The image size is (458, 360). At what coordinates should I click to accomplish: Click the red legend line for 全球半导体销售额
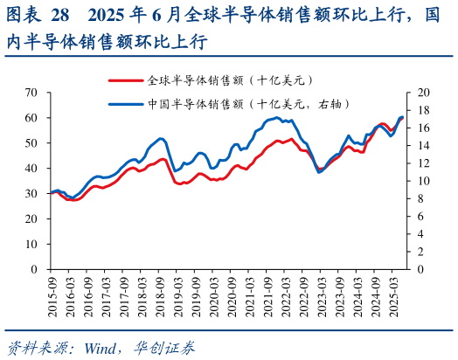click(x=126, y=79)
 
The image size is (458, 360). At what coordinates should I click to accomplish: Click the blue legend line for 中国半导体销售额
click(x=126, y=103)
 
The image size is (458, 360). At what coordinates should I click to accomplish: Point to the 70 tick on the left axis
click(x=31, y=93)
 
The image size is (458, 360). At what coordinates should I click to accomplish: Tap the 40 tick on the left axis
click(x=31, y=168)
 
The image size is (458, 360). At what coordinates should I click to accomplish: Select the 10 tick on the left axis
click(x=31, y=244)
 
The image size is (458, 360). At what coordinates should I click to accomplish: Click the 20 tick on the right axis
click(x=425, y=93)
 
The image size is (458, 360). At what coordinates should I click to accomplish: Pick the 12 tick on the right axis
click(x=425, y=163)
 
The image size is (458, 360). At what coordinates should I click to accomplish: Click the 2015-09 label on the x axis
click(x=52, y=295)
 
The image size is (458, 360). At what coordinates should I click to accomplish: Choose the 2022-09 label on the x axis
click(x=302, y=295)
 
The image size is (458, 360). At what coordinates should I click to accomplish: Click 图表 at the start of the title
click(x=22, y=16)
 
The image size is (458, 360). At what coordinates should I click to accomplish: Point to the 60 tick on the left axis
click(x=31, y=118)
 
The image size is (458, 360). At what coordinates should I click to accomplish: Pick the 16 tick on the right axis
click(x=425, y=128)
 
